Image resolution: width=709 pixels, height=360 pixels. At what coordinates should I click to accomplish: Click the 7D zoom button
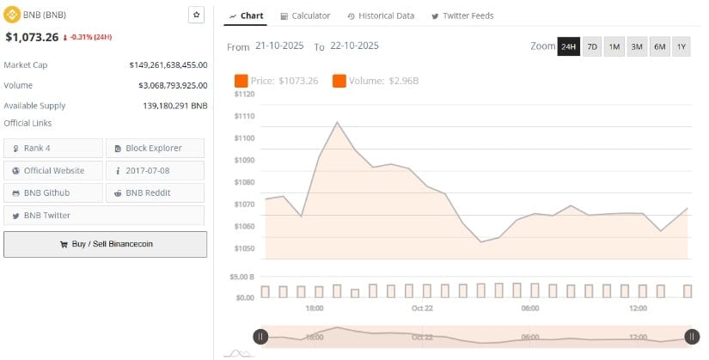click(x=592, y=47)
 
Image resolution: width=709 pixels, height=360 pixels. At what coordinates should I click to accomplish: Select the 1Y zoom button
click(x=681, y=47)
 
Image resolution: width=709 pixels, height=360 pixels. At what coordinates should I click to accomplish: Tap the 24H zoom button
click(x=568, y=47)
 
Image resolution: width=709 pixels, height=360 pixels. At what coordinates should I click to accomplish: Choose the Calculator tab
click(x=305, y=15)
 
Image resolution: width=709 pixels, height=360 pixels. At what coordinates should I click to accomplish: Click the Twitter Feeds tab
click(x=462, y=15)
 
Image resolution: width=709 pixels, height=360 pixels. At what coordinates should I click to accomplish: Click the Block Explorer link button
click(x=155, y=148)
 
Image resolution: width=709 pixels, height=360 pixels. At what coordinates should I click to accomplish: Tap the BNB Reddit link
click(x=155, y=192)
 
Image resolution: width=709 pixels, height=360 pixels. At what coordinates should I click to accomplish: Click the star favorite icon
click(x=196, y=15)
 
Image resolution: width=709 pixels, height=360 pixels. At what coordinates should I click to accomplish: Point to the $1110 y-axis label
click(x=244, y=116)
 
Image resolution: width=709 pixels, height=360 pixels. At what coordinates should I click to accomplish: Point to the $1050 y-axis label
click(x=244, y=248)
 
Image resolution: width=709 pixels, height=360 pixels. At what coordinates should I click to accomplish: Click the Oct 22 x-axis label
click(x=423, y=308)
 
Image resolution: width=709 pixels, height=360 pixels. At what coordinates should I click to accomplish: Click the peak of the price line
click(x=336, y=122)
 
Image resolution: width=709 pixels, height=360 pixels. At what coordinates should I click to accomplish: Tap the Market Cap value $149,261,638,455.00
click(x=168, y=64)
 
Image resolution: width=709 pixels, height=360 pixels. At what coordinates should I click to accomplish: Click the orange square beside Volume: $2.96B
click(x=339, y=81)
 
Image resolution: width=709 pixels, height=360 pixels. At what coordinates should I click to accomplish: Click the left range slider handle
click(x=260, y=337)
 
